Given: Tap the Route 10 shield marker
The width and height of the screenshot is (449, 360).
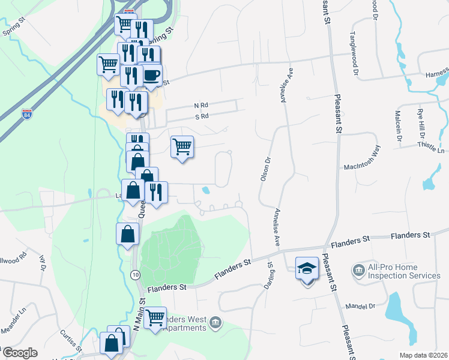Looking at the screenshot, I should click(x=136, y=274).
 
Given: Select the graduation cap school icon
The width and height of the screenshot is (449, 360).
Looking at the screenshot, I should click(x=307, y=268).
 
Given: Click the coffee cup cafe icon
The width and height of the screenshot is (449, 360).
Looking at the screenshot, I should click(x=151, y=74).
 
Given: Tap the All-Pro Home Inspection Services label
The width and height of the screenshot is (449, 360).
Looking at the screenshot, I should click(x=405, y=271).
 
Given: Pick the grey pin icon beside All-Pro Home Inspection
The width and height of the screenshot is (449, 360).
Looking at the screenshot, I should click(x=359, y=271).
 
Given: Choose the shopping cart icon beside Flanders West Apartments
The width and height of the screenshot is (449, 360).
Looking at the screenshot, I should click(x=155, y=317).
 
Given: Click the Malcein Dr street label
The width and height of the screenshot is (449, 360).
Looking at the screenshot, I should click(x=399, y=124).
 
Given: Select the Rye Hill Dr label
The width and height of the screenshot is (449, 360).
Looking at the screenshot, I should click(x=421, y=120).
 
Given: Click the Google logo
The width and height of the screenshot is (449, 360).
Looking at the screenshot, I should click(x=20, y=353).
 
